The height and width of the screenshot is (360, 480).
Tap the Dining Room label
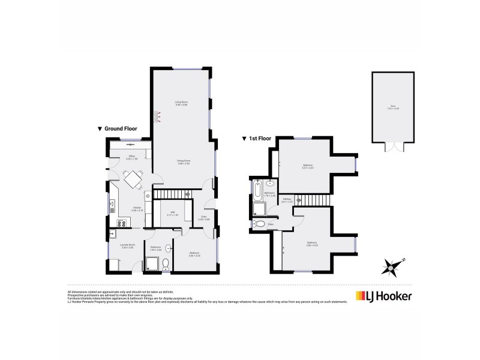pos(183,161)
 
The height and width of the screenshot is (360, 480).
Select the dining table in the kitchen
pos(133,179)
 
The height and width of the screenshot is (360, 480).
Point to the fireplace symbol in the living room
pos(158,116)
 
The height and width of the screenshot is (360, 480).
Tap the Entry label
pos(203,218)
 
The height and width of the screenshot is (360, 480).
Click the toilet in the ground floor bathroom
pos(167,264)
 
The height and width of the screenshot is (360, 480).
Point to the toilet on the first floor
pos(259,224)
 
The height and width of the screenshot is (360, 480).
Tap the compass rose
pos(393,265)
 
